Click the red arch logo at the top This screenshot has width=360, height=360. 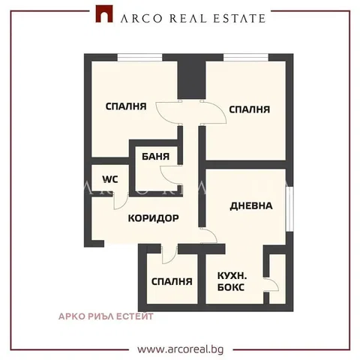point(104,14)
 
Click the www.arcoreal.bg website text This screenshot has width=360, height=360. point(181,349)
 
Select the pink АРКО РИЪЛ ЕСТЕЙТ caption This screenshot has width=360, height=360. point(106,316)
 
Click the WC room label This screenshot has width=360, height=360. point(110,179)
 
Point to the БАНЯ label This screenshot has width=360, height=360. point(155,157)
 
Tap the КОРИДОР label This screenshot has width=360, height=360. point(154,218)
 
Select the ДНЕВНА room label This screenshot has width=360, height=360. point(251,205)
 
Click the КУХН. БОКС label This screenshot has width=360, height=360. point(232,281)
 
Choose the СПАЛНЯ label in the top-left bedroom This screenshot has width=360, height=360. point(126,106)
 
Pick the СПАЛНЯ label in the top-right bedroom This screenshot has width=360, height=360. point(250,109)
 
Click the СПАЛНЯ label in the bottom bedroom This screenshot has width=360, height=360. point(172,282)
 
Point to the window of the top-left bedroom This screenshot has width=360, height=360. point(139,58)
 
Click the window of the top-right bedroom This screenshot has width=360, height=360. point(246,58)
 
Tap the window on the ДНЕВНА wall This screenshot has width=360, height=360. point(289,209)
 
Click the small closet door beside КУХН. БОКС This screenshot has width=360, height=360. point(271,284)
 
